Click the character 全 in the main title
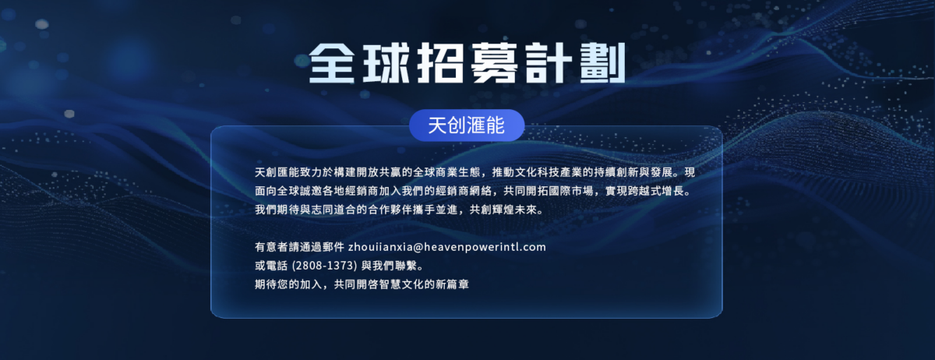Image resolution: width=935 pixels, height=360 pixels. point(332,62)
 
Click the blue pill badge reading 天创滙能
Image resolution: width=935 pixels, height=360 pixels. point(467,125)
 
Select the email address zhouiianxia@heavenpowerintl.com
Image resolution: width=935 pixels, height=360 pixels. point(447,247)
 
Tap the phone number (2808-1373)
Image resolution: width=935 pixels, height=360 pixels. point(324,266)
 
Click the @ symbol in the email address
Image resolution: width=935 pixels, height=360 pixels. point(418,247)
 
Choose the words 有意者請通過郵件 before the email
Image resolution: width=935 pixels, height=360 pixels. point(299,247)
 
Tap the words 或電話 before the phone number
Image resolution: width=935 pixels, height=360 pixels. point(271,266)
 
